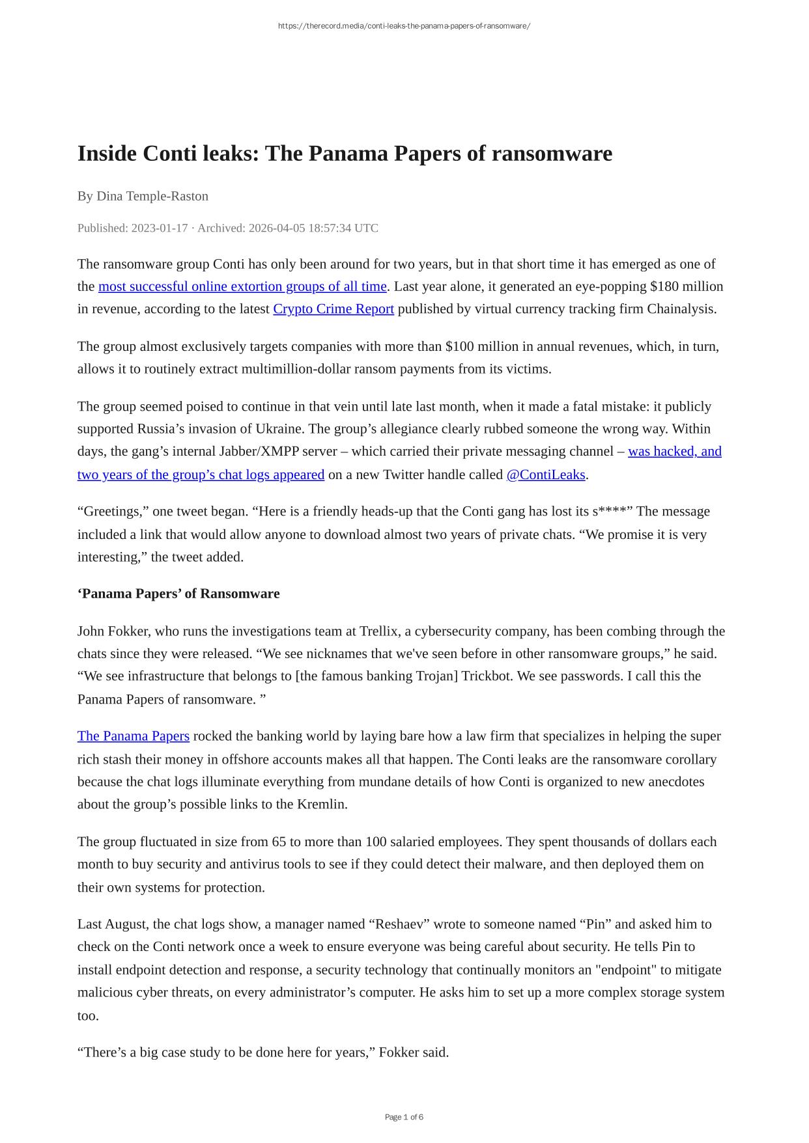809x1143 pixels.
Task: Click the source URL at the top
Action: coord(404,26)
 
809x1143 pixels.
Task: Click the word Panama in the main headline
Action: coord(345,154)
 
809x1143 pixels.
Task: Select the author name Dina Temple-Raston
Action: coord(152,196)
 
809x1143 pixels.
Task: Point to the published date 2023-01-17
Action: coord(159,228)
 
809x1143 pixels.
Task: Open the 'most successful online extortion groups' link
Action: coord(242,286)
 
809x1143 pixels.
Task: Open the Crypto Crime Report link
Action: coord(334,309)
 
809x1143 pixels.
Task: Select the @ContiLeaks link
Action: coord(546,475)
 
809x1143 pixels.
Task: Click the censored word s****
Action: coord(612,512)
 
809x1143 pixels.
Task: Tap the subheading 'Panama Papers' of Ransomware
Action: coord(178,594)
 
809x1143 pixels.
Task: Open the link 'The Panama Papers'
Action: coord(134,736)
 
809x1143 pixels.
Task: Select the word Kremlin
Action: coord(322,804)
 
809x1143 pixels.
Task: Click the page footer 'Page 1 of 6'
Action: coord(404,1117)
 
